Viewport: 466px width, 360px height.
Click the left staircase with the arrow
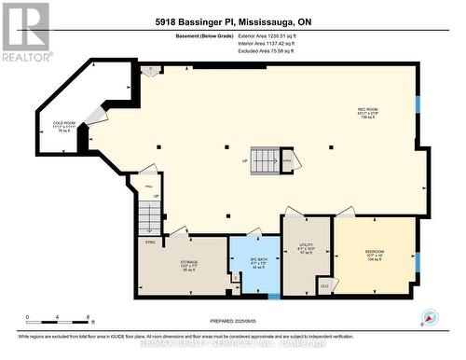pyautogui.click(x=149, y=216)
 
